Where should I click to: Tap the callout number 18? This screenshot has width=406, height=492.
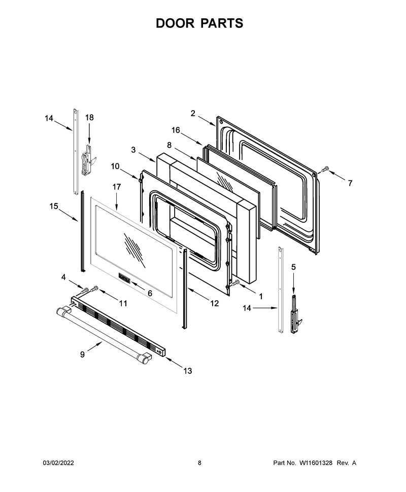pos(89,117)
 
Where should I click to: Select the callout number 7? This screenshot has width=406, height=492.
pos(350,183)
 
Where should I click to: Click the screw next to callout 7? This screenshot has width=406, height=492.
pos(325,169)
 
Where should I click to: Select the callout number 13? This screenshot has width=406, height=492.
pos(187,371)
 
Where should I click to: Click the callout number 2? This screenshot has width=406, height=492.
pos(193,113)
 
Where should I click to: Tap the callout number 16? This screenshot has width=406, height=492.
pos(176,130)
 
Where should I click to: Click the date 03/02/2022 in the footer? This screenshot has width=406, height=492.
pos(58,463)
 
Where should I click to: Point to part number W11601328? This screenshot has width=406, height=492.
pos(316,463)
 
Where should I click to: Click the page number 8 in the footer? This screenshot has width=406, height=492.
pos(200,463)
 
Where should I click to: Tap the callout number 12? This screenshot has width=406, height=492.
pos(215,303)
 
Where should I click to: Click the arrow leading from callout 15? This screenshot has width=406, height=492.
pos(68,216)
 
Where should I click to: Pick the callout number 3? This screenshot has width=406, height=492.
pos(133,150)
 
